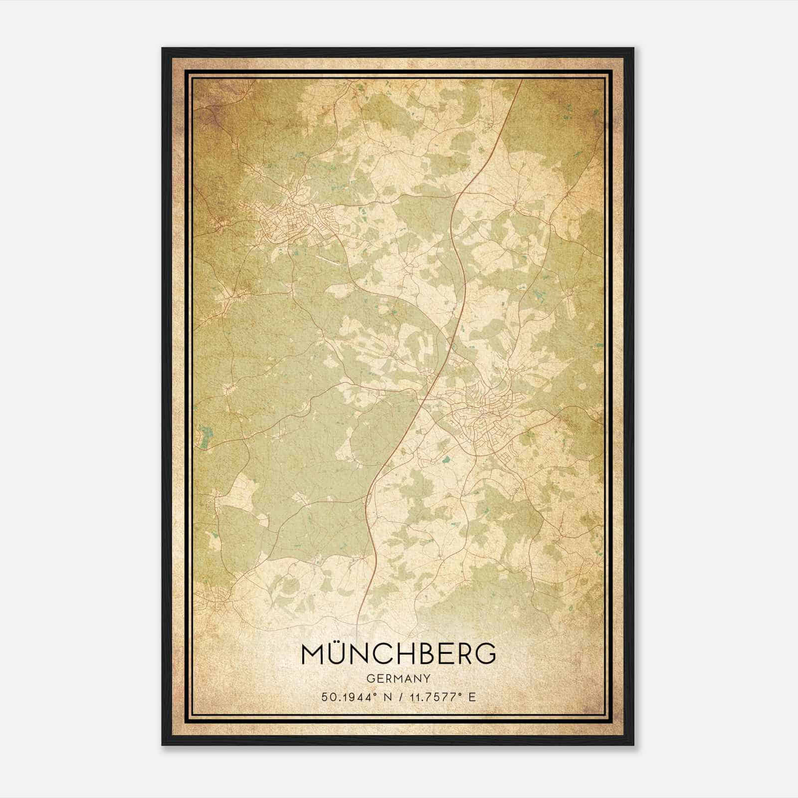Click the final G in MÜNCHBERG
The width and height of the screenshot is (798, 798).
pos(485,655)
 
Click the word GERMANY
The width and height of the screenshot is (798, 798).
pos(398,678)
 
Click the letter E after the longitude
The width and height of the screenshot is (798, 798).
pos(472,697)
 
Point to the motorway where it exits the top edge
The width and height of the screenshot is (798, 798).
pos(521,81)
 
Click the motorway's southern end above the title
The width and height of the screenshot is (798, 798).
pos(359,618)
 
